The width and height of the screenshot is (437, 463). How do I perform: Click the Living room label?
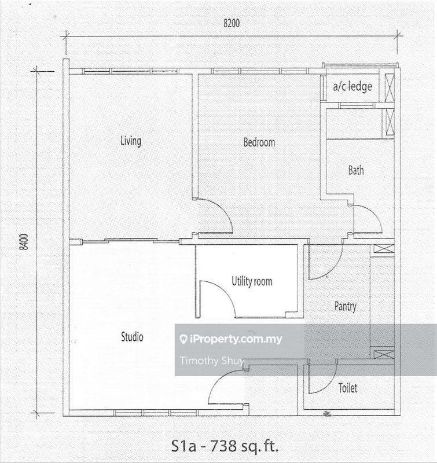click(131, 141)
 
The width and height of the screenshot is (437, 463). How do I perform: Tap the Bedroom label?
click(259, 142)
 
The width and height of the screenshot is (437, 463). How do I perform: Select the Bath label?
click(356, 170)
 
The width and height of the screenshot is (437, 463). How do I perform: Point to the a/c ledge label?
click(352, 86)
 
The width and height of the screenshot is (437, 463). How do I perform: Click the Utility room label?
click(252, 281)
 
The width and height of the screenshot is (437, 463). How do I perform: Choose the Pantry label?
click(346, 306)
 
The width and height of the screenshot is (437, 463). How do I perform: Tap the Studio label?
click(133, 337)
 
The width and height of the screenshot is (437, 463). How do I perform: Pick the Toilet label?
click(348, 388)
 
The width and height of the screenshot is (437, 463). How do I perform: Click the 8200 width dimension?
click(232, 23)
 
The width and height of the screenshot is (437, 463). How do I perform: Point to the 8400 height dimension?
click(24, 242)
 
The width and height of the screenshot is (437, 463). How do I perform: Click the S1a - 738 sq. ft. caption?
click(225, 446)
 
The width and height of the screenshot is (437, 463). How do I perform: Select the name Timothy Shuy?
click(212, 361)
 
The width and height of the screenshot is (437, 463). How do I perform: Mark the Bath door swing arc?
click(374, 213)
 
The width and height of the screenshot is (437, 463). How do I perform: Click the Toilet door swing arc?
click(331, 384)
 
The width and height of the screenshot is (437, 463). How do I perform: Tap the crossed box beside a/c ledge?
click(390, 87)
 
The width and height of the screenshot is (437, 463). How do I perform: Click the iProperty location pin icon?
click(183, 339)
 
